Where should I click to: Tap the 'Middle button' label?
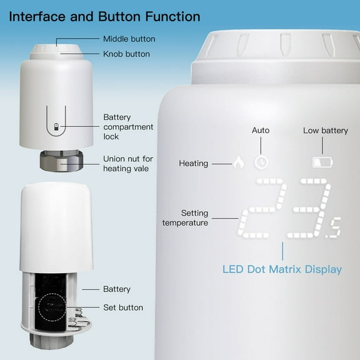pos(129,39)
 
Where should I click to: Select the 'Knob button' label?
pos(127,54)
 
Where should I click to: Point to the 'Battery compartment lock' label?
pos(128,127)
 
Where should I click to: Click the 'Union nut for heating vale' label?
pos(128,164)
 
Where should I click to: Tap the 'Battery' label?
pos(117,289)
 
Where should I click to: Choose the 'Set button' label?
pos(123,307)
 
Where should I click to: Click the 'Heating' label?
pos(193,163)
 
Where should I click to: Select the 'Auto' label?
pos(261,130)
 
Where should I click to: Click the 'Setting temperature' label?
pos(185,218)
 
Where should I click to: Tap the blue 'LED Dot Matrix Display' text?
pos(282,269)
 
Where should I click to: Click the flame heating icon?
pos(238,162)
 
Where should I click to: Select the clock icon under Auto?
pos(261,162)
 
